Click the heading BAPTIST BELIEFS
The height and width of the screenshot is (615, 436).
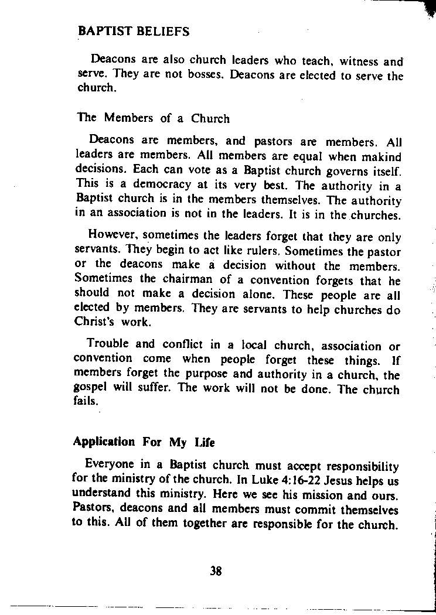(134, 32)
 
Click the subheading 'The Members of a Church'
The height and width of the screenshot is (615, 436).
(154, 118)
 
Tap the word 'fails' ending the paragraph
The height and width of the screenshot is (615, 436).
(86, 401)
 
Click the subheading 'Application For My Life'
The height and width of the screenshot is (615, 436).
(144, 443)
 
